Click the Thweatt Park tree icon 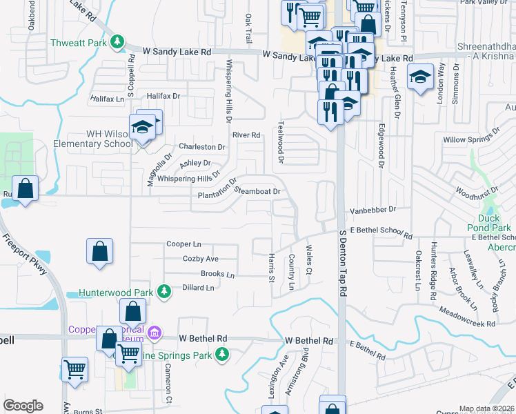pyautogui.click(x=119, y=43)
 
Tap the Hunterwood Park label pyautogui.click(x=113, y=293)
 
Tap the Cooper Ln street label pyautogui.click(x=183, y=244)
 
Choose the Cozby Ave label pyautogui.click(x=200, y=259)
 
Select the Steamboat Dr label pyautogui.click(x=257, y=191)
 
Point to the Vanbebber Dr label pyautogui.click(x=374, y=208)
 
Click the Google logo pyautogui.click(x=23, y=406)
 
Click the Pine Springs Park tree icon pyautogui.click(x=221, y=354)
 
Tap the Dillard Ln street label pyautogui.click(x=199, y=287)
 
